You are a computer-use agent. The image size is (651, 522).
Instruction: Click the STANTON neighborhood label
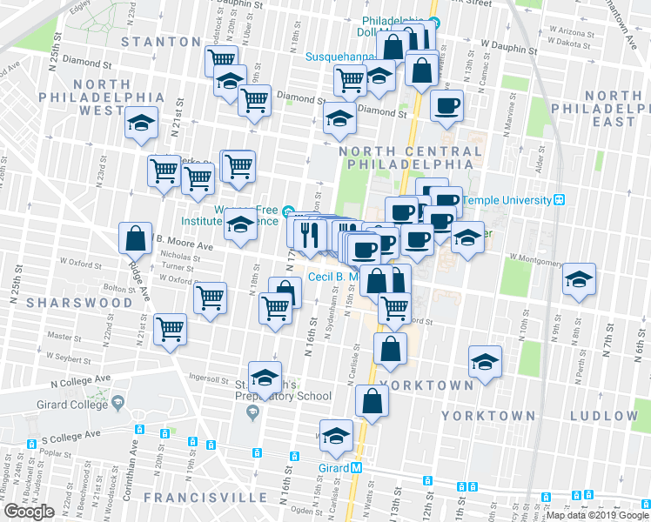point(161,41)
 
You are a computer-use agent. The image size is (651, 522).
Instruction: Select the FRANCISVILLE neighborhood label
point(205,497)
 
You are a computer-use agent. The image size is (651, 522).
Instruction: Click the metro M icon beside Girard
point(356,468)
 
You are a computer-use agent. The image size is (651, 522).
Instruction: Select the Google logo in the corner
point(29,512)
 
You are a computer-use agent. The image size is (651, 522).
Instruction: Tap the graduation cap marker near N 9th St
point(579,280)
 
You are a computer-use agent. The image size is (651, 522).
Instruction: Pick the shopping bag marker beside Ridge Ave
point(137,238)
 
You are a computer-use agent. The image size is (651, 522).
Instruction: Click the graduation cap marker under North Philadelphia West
point(140,124)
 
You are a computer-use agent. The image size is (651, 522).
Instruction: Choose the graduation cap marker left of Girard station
point(336,437)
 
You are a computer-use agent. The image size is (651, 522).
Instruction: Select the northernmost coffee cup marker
point(446,106)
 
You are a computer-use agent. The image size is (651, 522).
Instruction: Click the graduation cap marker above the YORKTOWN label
point(485,360)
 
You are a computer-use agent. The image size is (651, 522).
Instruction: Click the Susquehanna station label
point(339,57)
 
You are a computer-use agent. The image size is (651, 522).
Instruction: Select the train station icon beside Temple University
point(560,199)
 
